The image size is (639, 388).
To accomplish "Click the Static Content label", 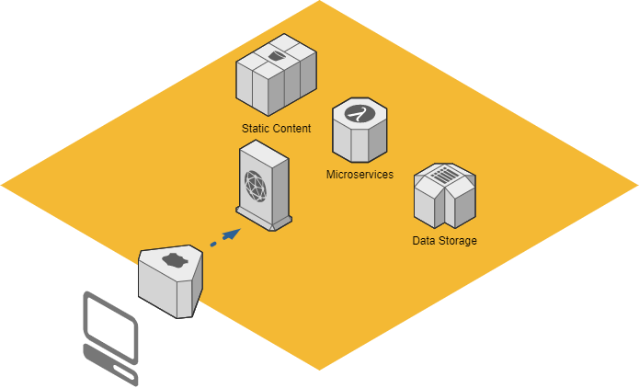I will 276,129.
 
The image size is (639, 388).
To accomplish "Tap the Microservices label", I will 359,174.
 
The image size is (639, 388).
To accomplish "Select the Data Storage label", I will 444,241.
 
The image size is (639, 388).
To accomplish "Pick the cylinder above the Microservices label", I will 359,130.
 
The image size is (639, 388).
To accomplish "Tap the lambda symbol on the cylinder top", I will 359,114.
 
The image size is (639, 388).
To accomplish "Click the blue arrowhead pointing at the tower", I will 231,234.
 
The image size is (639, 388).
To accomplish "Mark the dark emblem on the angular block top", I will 171,260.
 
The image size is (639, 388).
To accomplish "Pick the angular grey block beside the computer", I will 170,281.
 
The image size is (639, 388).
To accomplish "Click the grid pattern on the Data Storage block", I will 443,173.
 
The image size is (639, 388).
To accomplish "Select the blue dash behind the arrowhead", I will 213,244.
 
